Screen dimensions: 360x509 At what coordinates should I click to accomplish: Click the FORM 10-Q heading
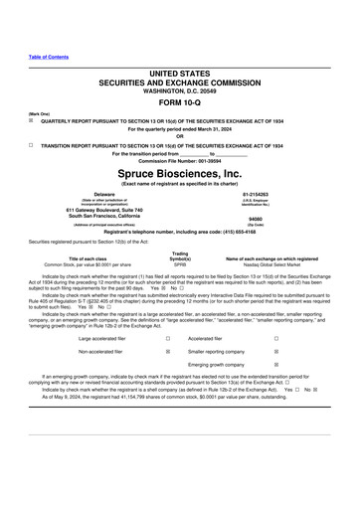[180, 103]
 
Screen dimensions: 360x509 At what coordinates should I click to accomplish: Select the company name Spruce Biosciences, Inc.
[180, 170]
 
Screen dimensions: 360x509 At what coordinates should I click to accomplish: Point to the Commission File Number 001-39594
[180, 160]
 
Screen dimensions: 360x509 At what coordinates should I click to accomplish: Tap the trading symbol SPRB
[180, 265]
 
